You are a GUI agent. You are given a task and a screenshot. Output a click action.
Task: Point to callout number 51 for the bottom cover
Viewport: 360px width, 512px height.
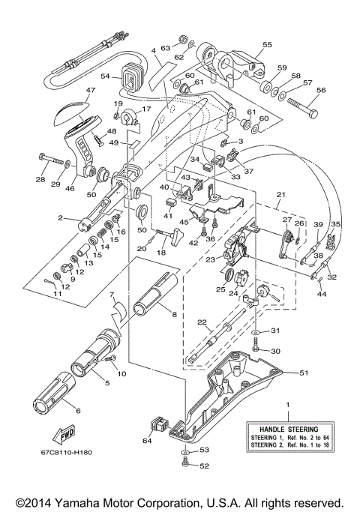coord(304,372)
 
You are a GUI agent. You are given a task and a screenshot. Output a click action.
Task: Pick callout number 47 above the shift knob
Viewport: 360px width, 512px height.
coord(91,91)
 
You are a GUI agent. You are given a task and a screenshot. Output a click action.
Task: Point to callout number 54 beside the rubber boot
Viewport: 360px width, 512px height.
coord(105,76)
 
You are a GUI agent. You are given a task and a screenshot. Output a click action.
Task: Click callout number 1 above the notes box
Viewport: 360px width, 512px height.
coord(286,405)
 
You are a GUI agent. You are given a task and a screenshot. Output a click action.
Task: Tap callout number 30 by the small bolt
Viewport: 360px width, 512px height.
coord(274,351)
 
